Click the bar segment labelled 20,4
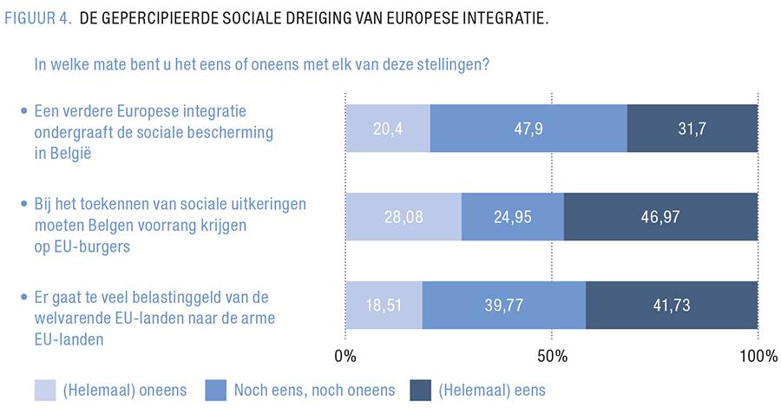click(387, 128)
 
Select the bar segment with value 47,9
click(528, 128)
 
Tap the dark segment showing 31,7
click(692, 128)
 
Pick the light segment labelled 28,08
click(404, 216)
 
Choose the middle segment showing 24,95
click(512, 216)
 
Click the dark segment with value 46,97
click(660, 216)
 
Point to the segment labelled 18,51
click(384, 305)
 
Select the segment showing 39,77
click(503, 305)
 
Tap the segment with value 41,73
click(672, 305)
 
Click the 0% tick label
click(345, 357)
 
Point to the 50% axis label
click(552, 357)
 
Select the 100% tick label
click(758, 357)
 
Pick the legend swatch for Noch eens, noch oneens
click(214, 390)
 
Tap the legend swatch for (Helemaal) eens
click(420, 390)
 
